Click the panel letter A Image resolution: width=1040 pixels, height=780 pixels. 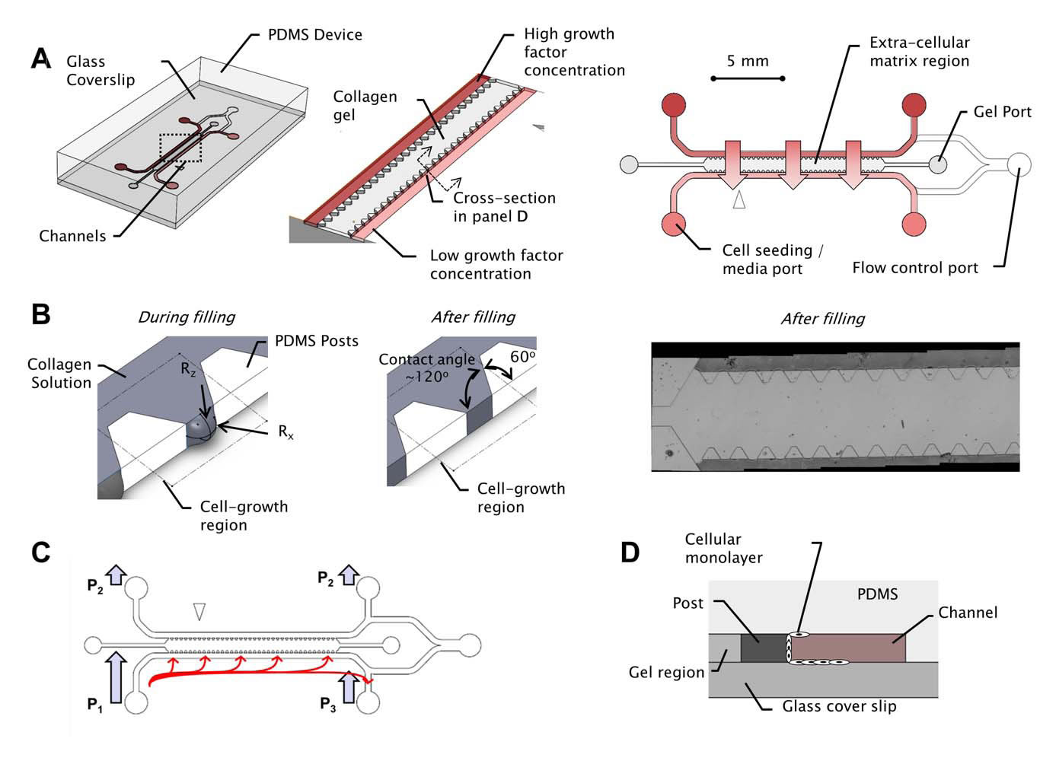[40, 58]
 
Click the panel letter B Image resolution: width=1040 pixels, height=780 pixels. [40, 314]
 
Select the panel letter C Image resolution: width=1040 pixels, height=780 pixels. [41, 552]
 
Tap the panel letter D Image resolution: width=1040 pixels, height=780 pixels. [630, 552]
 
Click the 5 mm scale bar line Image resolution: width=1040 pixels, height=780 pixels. [748, 78]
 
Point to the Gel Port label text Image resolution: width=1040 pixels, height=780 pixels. [1002, 112]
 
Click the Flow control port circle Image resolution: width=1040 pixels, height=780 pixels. [1019, 164]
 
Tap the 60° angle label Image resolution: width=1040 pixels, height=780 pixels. [522, 357]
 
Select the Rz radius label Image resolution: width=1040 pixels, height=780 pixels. [188, 369]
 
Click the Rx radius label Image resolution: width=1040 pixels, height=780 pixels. [286, 432]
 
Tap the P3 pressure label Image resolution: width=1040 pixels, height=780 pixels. [327, 705]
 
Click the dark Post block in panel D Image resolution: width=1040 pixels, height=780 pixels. [761, 648]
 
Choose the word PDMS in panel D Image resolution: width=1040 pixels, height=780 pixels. [877, 594]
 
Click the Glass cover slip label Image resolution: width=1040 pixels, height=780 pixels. [839, 706]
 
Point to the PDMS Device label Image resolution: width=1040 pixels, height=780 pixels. [314, 35]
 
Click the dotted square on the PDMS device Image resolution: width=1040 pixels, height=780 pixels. [180, 148]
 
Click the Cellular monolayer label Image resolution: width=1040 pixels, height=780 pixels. [723, 548]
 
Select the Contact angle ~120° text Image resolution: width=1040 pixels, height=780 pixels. [426, 368]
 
